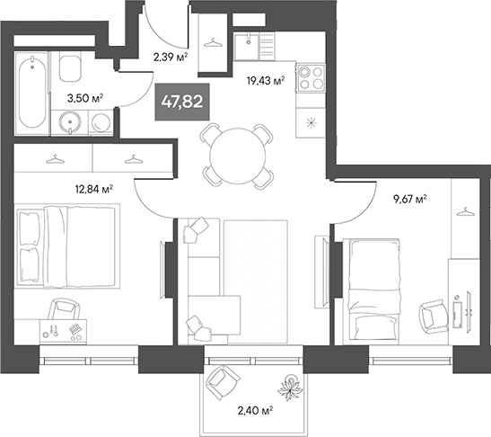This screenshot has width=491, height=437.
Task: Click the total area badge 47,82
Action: (180, 103)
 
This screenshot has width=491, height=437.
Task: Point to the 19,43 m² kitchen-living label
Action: (265, 80)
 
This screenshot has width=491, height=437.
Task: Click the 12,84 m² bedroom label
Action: (92, 189)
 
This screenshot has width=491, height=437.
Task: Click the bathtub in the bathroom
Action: (31, 92)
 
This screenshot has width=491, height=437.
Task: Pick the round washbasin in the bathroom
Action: (69, 120)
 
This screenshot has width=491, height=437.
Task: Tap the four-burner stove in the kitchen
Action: (310, 76)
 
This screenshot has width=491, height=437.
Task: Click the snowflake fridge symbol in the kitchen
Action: (311, 122)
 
